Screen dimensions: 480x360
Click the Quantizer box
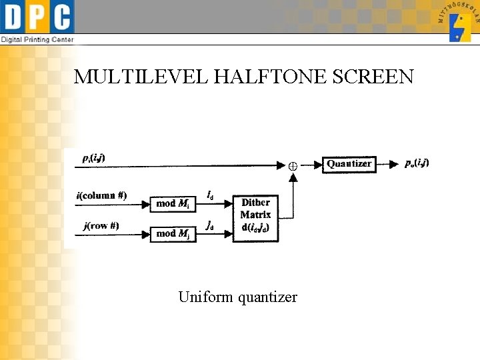coord(349,164)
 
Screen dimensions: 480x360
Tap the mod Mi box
coord(173,203)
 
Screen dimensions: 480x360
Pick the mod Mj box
coord(173,233)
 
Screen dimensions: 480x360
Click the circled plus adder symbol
coord(292,165)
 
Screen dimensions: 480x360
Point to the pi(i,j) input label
coord(93,158)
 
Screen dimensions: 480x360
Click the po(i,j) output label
coord(417,163)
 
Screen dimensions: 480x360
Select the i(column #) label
coord(102,195)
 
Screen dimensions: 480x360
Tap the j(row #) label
coord(101,225)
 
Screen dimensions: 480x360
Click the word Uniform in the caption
coord(203,297)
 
